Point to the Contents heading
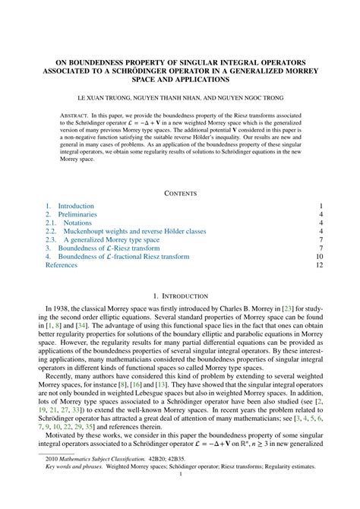[x=180, y=193]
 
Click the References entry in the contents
[x=62, y=266]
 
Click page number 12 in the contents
[x=320, y=266]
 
